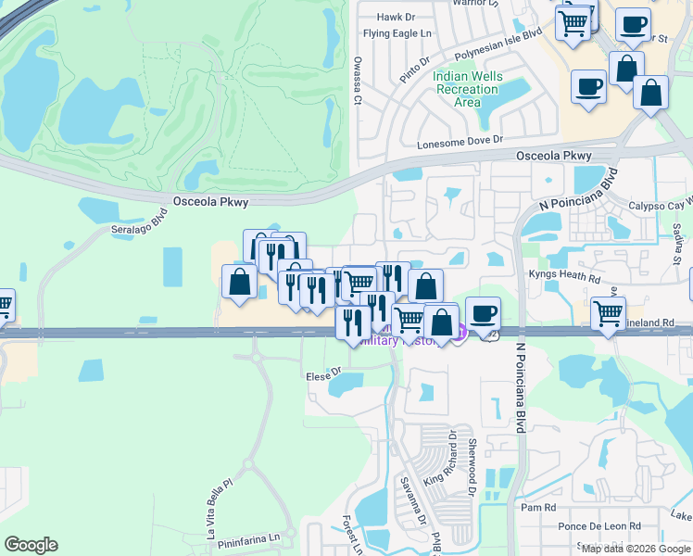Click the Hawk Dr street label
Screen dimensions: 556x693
(396, 18)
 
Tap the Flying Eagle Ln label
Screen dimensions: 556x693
(398, 34)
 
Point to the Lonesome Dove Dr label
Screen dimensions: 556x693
(460, 142)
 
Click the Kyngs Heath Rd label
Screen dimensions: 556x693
(564, 276)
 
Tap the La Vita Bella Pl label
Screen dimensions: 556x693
(220, 509)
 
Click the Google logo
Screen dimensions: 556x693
(31, 545)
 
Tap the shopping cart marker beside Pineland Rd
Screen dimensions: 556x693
(608, 313)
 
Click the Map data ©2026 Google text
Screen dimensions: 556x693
(636, 549)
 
